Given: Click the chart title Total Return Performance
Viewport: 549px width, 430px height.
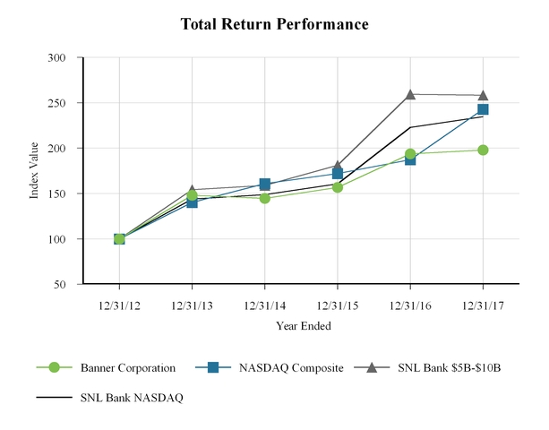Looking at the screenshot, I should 274,24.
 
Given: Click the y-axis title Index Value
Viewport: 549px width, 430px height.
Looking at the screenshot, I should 35,171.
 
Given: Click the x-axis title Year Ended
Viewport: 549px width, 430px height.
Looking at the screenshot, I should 301,324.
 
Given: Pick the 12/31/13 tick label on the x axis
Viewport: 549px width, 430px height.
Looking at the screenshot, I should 192,305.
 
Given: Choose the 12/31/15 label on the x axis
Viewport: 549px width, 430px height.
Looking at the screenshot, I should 338,305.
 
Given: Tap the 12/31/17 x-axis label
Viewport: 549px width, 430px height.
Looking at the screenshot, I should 483,305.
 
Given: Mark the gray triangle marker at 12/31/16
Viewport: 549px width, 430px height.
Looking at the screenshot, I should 410,94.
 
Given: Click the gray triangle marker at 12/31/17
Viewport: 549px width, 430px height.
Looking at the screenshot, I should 483,95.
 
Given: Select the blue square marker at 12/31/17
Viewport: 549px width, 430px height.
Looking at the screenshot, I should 483,109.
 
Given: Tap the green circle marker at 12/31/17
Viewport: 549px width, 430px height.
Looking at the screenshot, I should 483,150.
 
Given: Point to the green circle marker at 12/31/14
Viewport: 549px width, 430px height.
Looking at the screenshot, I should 265,198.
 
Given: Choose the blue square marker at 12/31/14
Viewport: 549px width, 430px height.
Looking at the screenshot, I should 265,184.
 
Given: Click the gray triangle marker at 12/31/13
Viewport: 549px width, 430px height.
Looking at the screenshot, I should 192,190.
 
